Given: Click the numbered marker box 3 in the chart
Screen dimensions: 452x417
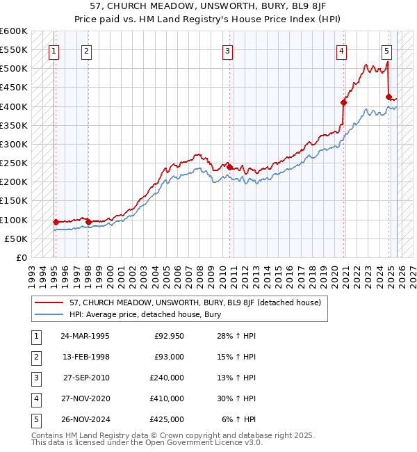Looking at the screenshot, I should tap(228, 50).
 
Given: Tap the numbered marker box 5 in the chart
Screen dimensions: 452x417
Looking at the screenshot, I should tap(386, 50).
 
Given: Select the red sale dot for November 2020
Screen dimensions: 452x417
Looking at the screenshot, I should tap(343, 102).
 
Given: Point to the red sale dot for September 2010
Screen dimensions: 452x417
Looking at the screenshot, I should tap(229, 166).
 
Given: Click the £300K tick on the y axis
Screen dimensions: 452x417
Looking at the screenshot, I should tap(14, 144).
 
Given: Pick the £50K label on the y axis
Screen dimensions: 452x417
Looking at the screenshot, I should tap(16, 239).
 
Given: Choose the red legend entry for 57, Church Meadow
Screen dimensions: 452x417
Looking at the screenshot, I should tap(195, 302).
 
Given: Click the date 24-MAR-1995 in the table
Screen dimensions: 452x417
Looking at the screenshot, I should tap(85, 336).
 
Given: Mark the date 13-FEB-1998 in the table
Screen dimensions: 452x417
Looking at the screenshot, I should tap(85, 357).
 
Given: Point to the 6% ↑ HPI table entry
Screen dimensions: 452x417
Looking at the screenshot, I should tap(239, 419).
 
